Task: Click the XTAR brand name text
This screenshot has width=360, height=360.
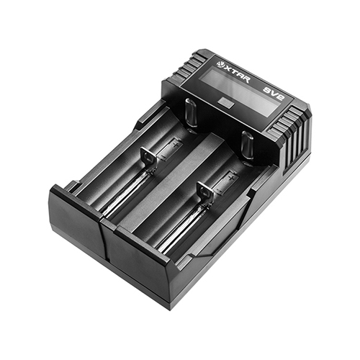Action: coord(237,74)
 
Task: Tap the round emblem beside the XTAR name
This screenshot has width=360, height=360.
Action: coord(220,64)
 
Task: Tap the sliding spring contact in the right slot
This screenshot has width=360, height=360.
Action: coord(204,192)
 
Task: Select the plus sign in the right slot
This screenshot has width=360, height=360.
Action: coord(231,178)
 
